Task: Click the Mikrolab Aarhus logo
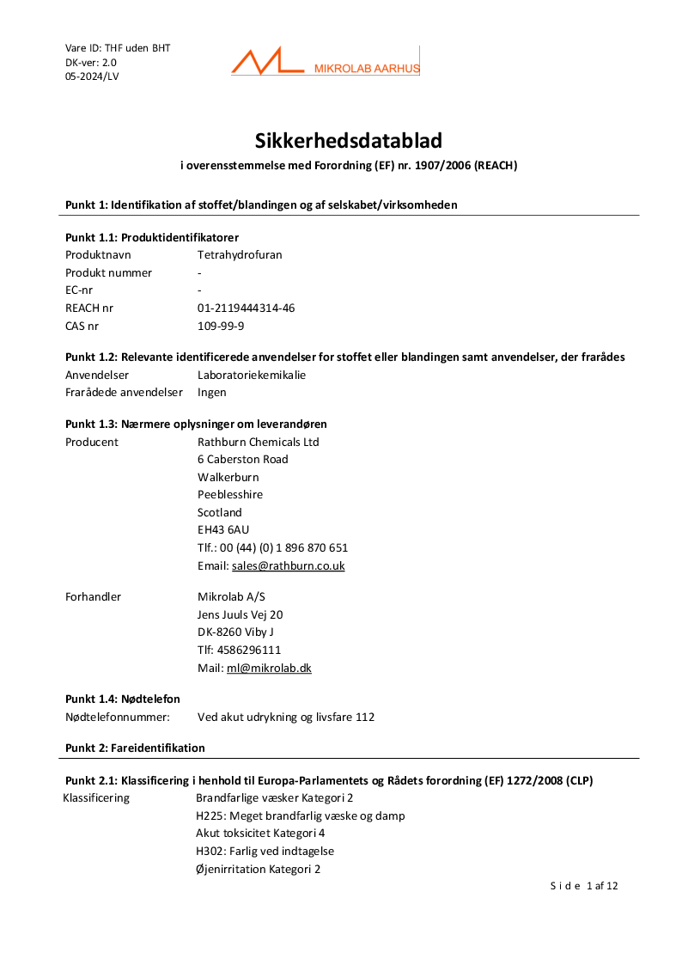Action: coord(325,62)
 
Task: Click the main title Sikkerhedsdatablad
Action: coord(348,140)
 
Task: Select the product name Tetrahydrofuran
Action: coord(240,255)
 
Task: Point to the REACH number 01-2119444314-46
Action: coord(246,308)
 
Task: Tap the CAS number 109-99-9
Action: coord(221,326)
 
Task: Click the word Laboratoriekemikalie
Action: coord(252,375)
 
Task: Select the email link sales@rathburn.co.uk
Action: coord(288,565)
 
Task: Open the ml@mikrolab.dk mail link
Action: coord(269,668)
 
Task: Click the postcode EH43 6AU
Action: coord(223,530)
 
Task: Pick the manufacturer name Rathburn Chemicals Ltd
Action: coord(258,442)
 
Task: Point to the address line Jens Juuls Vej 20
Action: coord(240,614)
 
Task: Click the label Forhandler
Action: coord(93,596)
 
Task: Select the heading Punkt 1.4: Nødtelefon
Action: coord(123,699)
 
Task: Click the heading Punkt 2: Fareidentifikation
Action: coord(135,748)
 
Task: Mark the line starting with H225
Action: coord(300,815)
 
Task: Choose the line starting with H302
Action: coord(265,851)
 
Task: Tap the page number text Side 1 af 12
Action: coord(584,886)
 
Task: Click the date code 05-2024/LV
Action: coord(92,76)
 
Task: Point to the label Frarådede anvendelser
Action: coord(124,392)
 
